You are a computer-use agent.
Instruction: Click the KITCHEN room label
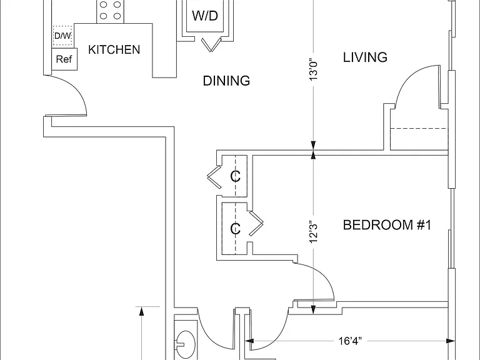(114, 49)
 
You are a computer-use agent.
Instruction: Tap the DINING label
(226, 81)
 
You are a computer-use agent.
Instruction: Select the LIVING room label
(365, 57)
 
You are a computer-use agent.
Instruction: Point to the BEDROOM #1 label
(387, 225)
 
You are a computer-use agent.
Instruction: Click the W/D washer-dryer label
(205, 16)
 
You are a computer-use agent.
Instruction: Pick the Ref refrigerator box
(64, 59)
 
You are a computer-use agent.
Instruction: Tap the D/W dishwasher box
(62, 36)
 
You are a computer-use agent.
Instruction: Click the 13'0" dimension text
(314, 69)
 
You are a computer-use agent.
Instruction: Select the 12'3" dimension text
(314, 232)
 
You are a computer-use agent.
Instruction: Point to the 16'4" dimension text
(350, 341)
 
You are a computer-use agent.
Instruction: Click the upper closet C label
(235, 176)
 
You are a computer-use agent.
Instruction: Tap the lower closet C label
(235, 229)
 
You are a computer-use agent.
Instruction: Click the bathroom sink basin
(185, 342)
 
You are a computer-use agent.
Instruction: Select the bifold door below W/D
(211, 45)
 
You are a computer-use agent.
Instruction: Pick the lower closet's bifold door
(256, 224)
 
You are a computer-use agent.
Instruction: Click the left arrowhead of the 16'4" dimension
(249, 341)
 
